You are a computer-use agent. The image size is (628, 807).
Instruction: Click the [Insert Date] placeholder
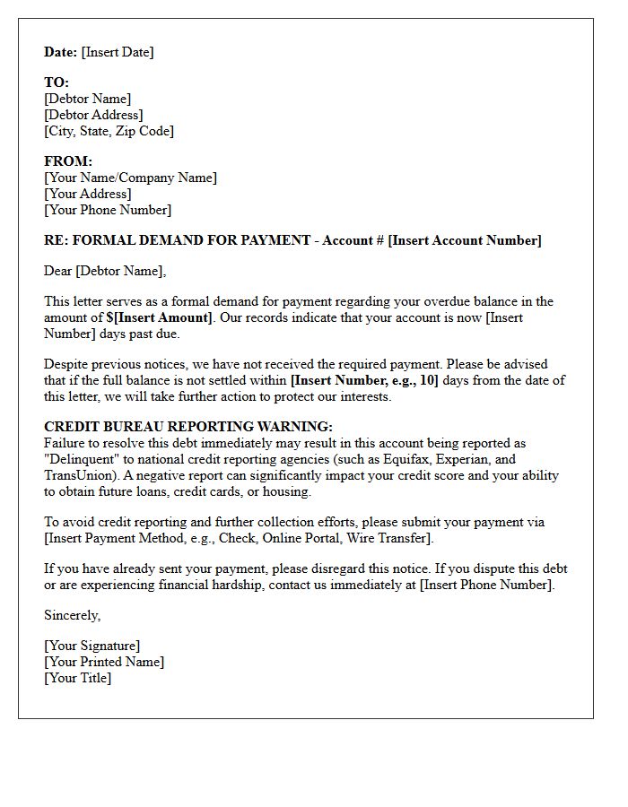point(118,52)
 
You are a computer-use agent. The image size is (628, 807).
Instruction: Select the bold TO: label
point(57,82)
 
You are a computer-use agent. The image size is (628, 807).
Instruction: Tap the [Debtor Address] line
point(93,115)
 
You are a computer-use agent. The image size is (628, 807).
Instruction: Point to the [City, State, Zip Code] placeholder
point(109,131)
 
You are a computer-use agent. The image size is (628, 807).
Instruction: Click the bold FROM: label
point(68,161)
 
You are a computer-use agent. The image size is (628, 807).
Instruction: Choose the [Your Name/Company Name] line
point(130,178)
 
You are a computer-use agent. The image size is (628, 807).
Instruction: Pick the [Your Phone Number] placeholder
point(108,210)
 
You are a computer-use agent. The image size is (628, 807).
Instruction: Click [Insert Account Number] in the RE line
point(465,240)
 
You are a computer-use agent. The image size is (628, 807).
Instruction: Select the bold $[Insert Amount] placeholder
point(153,317)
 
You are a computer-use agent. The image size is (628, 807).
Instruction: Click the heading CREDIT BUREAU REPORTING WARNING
point(188,427)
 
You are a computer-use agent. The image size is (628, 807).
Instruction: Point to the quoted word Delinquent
point(83,459)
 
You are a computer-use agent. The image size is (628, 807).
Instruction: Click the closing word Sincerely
point(72,615)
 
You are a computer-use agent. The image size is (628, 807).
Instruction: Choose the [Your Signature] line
point(92,646)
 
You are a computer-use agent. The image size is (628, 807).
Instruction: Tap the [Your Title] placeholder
point(78,678)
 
